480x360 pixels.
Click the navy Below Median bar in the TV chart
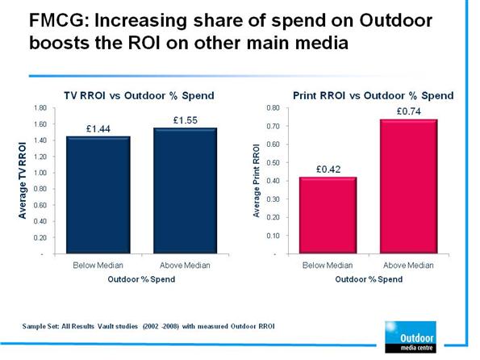98,195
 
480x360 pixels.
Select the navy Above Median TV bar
186,190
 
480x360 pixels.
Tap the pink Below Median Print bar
328,215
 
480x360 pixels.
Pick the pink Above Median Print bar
409,186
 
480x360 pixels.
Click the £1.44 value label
98,129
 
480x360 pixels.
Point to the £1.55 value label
186,120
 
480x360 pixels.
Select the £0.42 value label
328,170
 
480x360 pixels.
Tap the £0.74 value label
409,111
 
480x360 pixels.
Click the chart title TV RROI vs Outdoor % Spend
139,95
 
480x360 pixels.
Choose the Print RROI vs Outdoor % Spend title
374,95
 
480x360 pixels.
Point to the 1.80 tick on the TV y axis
40,108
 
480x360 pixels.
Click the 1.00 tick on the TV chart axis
40,173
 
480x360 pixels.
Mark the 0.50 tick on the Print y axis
273,163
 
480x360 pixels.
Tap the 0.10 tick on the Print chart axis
273,236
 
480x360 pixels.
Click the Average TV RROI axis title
22,181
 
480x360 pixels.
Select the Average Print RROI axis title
257,181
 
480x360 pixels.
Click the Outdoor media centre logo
411,337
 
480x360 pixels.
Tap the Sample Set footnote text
148,327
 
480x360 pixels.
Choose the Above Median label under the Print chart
409,265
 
